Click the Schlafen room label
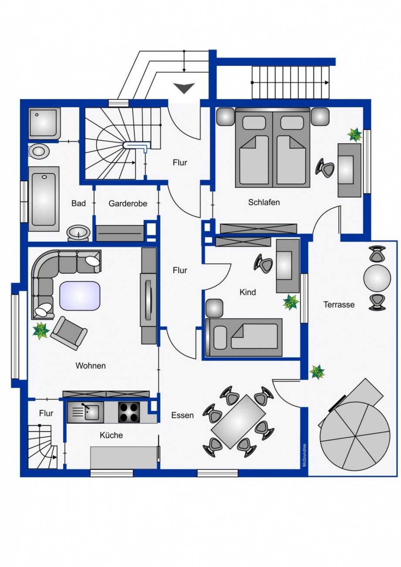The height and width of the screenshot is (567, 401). click(x=264, y=202)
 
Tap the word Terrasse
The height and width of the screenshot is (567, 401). click(x=339, y=304)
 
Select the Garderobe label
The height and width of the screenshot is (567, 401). click(x=128, y=203)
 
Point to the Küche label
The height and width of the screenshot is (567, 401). click(x=111, y=435)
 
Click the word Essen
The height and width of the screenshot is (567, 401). click(x=182, y=415)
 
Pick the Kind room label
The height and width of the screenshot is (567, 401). click(x=248, y=292)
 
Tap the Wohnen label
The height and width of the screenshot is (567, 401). click(x=90, y=365)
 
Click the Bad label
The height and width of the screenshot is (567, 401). click(x=78, y=203)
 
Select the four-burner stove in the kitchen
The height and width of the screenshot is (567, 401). click(x=129, y=412)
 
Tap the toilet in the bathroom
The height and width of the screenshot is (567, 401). click(x=39, y=152)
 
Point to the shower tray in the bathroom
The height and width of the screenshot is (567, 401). click(x=44, y=124)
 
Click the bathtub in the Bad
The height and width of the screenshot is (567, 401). click(x=44, y=199)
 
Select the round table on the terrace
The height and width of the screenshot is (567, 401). click(x=377, y=278)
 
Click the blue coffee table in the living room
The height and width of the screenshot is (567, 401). click(x=80, y=296)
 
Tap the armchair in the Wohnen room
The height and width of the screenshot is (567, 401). click(x=68, y=334)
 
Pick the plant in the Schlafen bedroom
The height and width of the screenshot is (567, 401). click(x=354, y=135)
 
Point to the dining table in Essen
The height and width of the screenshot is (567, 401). click(x=238, y=422)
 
